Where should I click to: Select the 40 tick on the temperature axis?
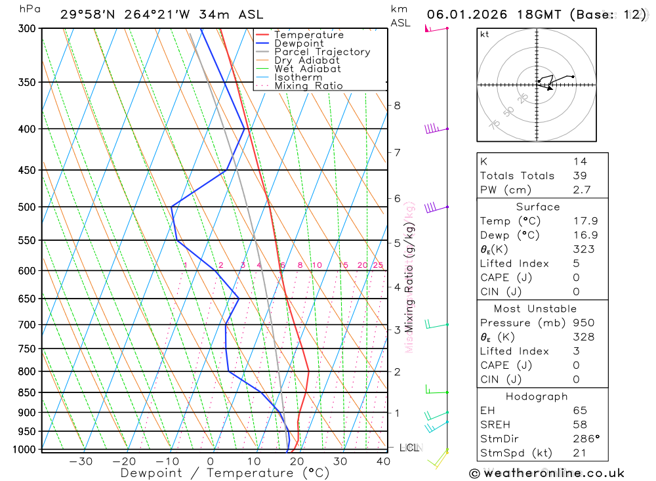tap(383, 461)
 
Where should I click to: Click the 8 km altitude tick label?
tap(397, 106)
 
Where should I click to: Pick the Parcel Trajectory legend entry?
tap(322, 52)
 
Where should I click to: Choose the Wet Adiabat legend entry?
tap(308, 69)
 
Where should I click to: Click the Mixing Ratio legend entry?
tap(308, 86)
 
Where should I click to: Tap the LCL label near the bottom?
tap(409, 448)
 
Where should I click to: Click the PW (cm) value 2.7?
tap(581, 190)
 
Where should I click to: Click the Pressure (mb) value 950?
tap(583, 323)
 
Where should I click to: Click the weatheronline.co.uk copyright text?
tap(546, 473)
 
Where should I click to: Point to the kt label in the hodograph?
tap(485, 34)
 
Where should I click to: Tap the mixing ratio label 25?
tap(378, 265)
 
